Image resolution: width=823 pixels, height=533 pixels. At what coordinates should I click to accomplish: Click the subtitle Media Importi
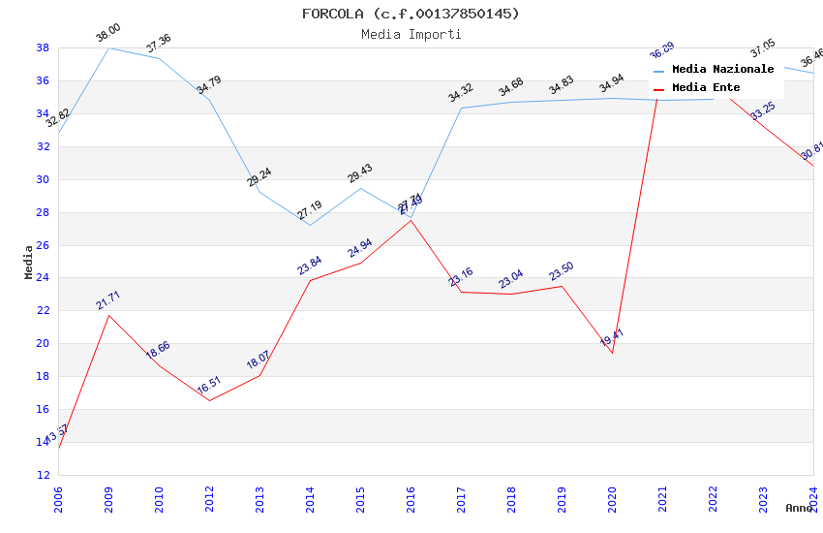click(411, 34)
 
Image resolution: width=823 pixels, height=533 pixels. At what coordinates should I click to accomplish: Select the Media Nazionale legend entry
click(722, 69)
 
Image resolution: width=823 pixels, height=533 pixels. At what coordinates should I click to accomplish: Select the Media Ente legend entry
click(706, 87)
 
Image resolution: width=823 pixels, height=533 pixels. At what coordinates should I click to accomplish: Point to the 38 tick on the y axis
click(43, 47)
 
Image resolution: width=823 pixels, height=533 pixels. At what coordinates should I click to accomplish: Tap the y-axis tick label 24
click(43, 278)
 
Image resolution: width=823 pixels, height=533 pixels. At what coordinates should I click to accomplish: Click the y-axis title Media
click(28, 262)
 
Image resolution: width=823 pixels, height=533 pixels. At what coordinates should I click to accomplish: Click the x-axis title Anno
click(799, 508)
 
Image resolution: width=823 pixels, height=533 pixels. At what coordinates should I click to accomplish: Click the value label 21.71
click(107, 300)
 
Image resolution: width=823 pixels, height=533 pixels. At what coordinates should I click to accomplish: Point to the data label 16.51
click(208, 387)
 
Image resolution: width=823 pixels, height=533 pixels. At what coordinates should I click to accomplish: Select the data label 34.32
click(460, 94)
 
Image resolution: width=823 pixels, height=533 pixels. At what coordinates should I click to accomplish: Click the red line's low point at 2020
click(612, 353)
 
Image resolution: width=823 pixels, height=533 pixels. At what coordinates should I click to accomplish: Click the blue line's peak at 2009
click(108, 47)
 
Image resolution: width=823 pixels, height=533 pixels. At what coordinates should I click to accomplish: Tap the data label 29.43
click(359, 173)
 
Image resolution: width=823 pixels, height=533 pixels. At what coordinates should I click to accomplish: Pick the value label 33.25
click(763, 110)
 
